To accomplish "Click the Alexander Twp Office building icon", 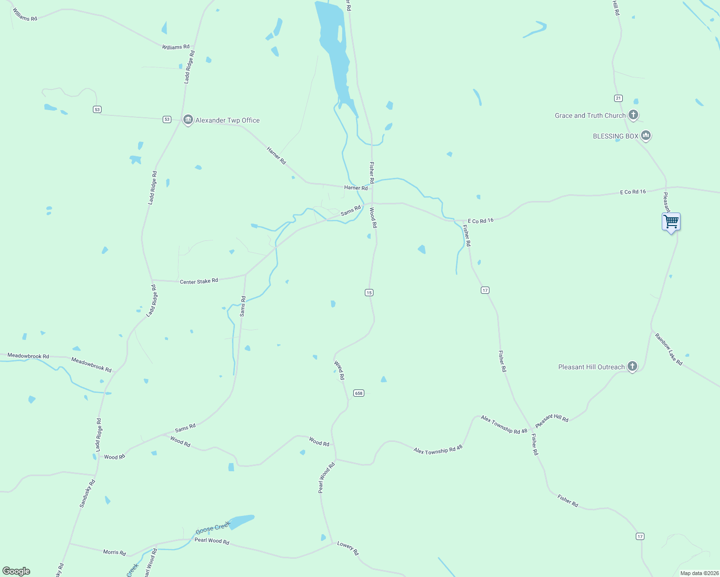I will pos(188,120).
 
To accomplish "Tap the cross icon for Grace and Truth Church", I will pos(633,115).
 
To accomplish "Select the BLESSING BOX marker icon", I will pos(646,136).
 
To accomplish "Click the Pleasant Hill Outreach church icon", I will pos(632,366).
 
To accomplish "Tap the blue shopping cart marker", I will pos(671,222).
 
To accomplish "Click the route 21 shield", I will pos(618,98).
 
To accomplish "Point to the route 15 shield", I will pos(369,292).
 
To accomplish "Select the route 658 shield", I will pos(359,393).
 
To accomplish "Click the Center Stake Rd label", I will pos(199,281).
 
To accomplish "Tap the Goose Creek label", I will pos(213,528).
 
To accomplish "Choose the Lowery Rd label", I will pos(348,548).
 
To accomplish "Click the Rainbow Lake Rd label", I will pos(669,349).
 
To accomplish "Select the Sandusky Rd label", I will pos(88,493).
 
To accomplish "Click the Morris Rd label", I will pos(115,552).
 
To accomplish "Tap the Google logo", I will pos(16,571).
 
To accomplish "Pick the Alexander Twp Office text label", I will pos(227,120).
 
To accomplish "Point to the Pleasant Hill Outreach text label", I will pos(591,367).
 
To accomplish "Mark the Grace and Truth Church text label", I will pos(590,115).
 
